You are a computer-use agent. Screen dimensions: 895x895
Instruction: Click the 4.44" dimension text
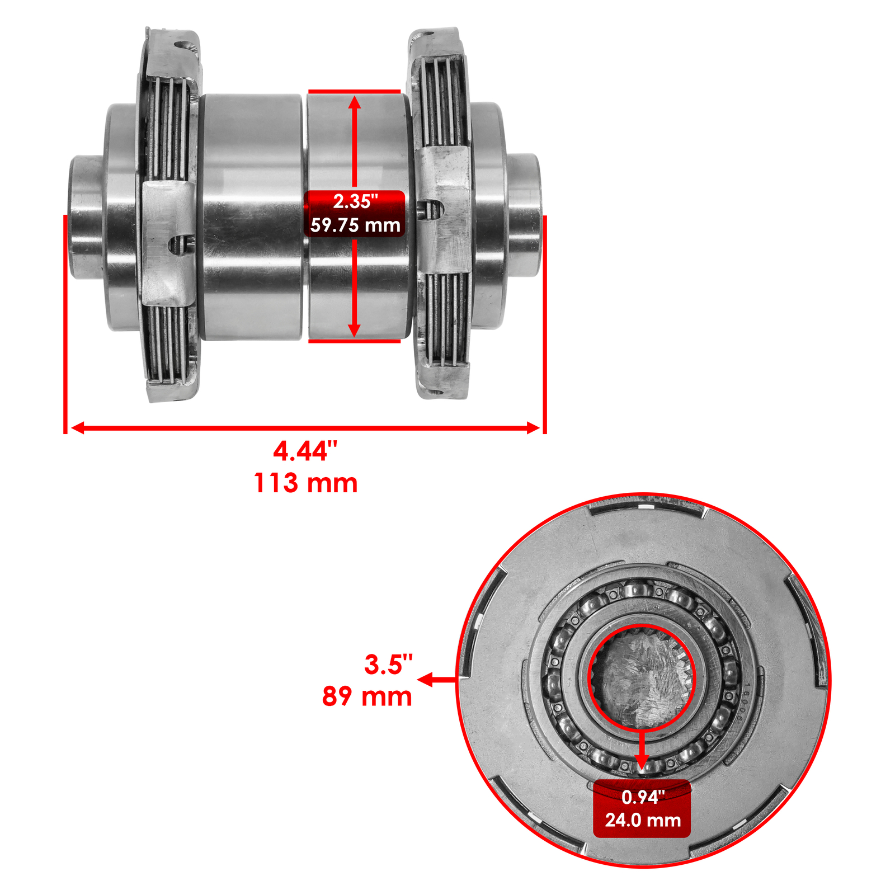pyautogui.click(x=305, y=451)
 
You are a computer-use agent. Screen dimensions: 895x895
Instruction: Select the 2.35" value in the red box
pyautogui.click(x=355, y=201)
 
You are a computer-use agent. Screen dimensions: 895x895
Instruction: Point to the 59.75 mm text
pyautogui.click(x=355, y=225)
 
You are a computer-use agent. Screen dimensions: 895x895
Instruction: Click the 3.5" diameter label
pyautogui.click(x=388, y=665)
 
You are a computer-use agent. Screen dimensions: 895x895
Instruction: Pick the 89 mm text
pyautogui.click(x=367, y=696)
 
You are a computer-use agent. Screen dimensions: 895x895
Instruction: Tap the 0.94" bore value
pyautogui.click(x=643, y=797)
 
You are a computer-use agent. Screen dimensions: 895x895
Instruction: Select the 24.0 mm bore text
pyautogui.click(x=643, y=820)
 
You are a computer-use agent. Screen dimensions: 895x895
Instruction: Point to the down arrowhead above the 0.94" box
pyautogui.click(x=642, y=762)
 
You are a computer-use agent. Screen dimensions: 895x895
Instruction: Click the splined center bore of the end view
pyautogui.click(x=642, y=677)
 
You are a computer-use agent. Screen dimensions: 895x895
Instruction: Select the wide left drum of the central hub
pyautogui.click(x=252, y=217)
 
